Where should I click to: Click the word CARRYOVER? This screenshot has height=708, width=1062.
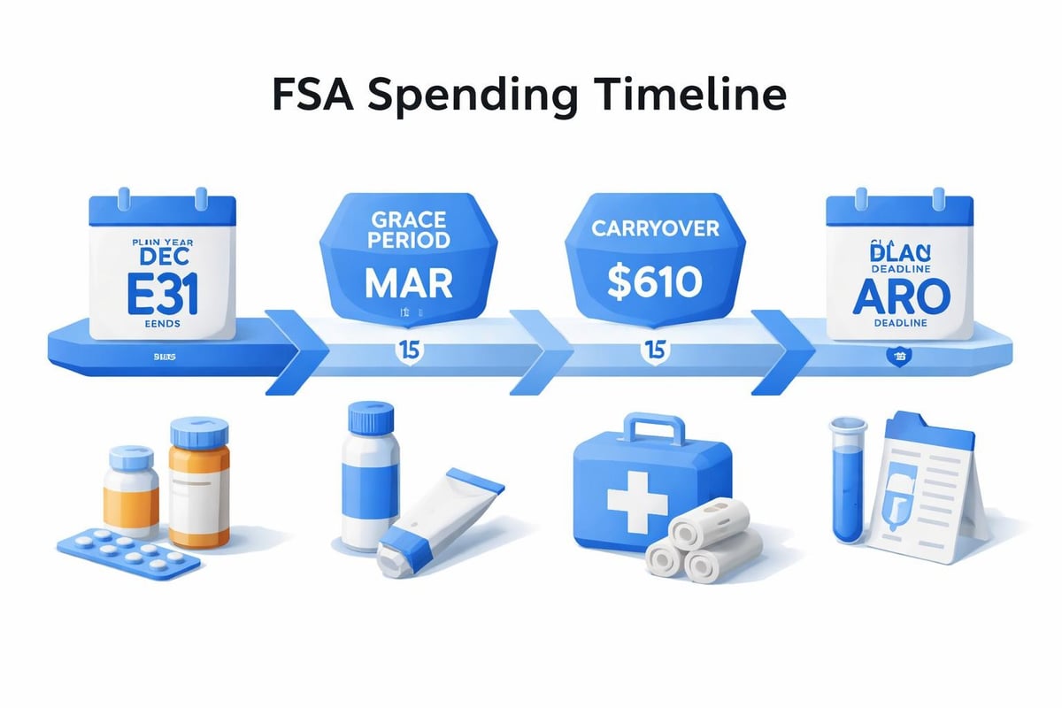click(656, 229)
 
